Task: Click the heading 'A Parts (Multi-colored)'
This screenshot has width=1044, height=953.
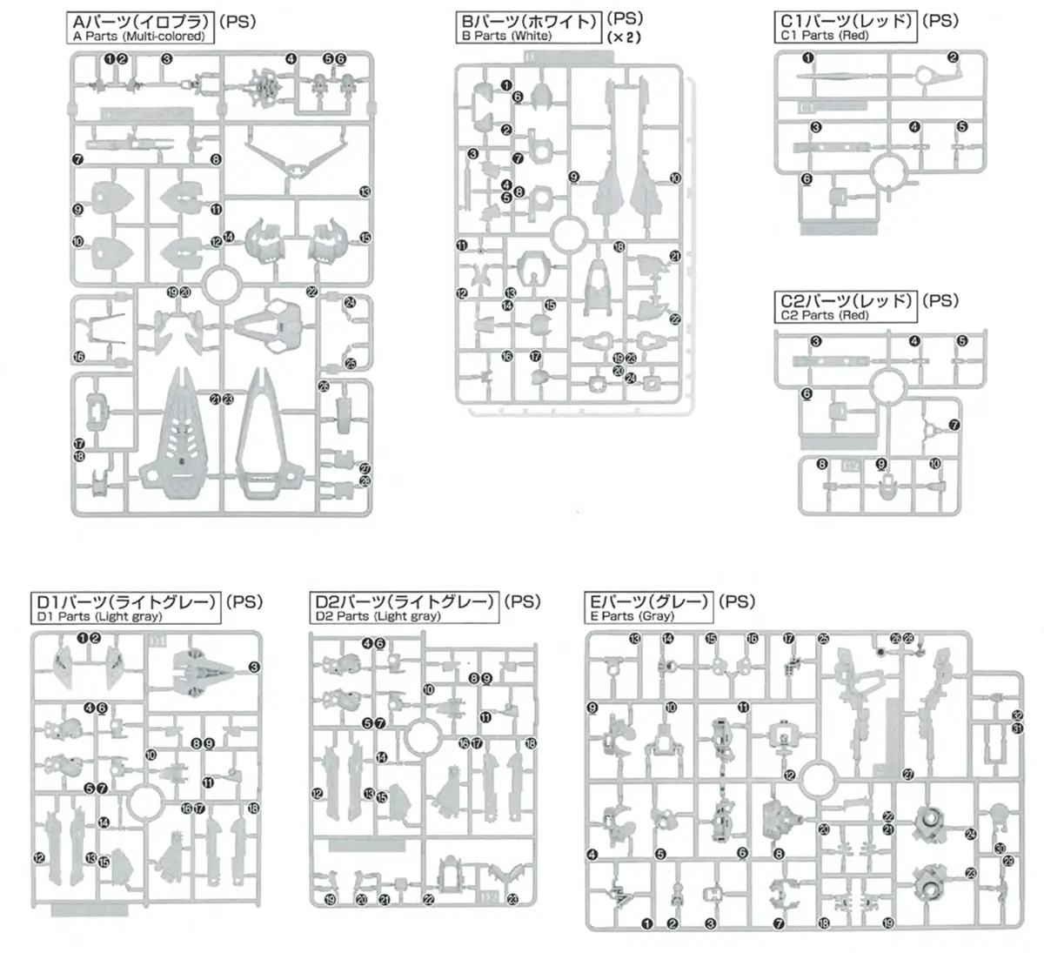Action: pyautogui.click(x=139, y=37)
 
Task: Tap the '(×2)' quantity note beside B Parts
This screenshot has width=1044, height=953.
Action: pyautogui.click(x=624, y=38)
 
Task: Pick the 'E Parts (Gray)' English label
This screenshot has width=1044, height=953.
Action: pyautogui.click(x=627, y=616)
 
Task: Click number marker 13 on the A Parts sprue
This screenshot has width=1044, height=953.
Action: pyautogui.click(x=365, y=191)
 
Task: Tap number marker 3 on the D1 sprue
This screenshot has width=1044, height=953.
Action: pyautogui.click(x=255, y=668)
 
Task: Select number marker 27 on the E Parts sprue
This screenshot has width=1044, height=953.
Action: pyautogui.click(x=908, y=774)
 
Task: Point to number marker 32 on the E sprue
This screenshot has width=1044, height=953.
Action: pyautogui.click(x=1017, y=715)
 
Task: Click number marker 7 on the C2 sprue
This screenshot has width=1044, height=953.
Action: pyautogui.click(x=954, y=426)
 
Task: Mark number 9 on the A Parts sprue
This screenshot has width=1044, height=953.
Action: pyautogui.click(x=77, y=210)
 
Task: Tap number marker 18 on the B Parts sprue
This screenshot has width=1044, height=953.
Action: pyautogui.click(x=619, y=247)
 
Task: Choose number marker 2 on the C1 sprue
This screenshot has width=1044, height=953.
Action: pyautogui.click(x=953, y=58)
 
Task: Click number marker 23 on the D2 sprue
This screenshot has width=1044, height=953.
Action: pyautogui.click(x=512, y=900)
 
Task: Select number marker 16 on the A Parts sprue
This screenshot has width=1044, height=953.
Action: pyautogui.click(x=78, y=357)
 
